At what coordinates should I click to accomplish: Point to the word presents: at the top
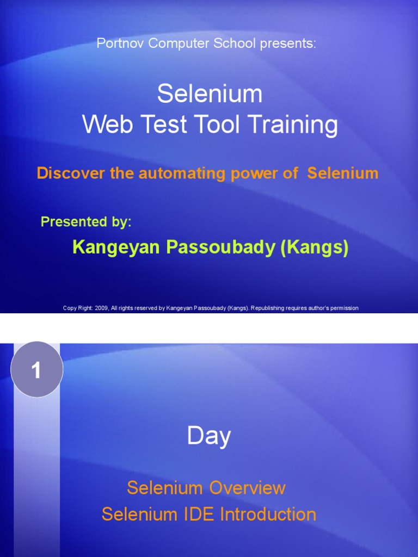pos(288,44)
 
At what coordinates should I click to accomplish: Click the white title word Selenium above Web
pos(210,94)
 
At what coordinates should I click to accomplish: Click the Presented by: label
pos(86,222)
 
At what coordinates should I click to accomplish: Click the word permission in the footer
pos(343,308)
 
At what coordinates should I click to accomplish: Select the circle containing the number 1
pos(37,370)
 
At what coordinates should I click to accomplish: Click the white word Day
pos(209,436)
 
